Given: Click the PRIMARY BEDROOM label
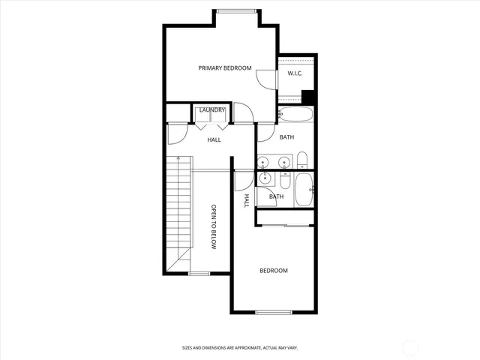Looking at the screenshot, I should click(225, 68).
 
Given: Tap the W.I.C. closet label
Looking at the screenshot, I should click(294, 73).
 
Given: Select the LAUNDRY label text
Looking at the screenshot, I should click(212, 110).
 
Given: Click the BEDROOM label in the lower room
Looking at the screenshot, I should click(274, 271).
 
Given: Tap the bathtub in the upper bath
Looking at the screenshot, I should click(294, 115).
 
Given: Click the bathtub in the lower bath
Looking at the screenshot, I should click(304, 190).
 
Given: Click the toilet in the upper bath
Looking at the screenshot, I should click(302, 160).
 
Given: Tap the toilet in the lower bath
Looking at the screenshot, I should click(285, 181).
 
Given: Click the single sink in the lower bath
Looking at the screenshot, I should click(265, 178).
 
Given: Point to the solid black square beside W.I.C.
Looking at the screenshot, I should click(307, 96).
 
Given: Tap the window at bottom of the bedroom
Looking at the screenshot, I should click(272, 312).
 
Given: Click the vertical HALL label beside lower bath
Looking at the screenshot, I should click(246, 200).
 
